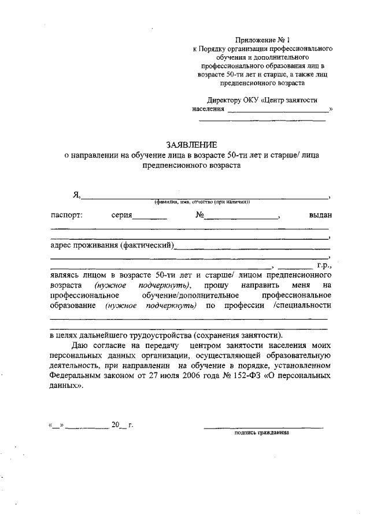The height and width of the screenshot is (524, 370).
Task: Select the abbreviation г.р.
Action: click(x=323, y=265)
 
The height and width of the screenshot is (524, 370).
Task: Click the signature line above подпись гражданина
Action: click(x=263, y=427)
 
